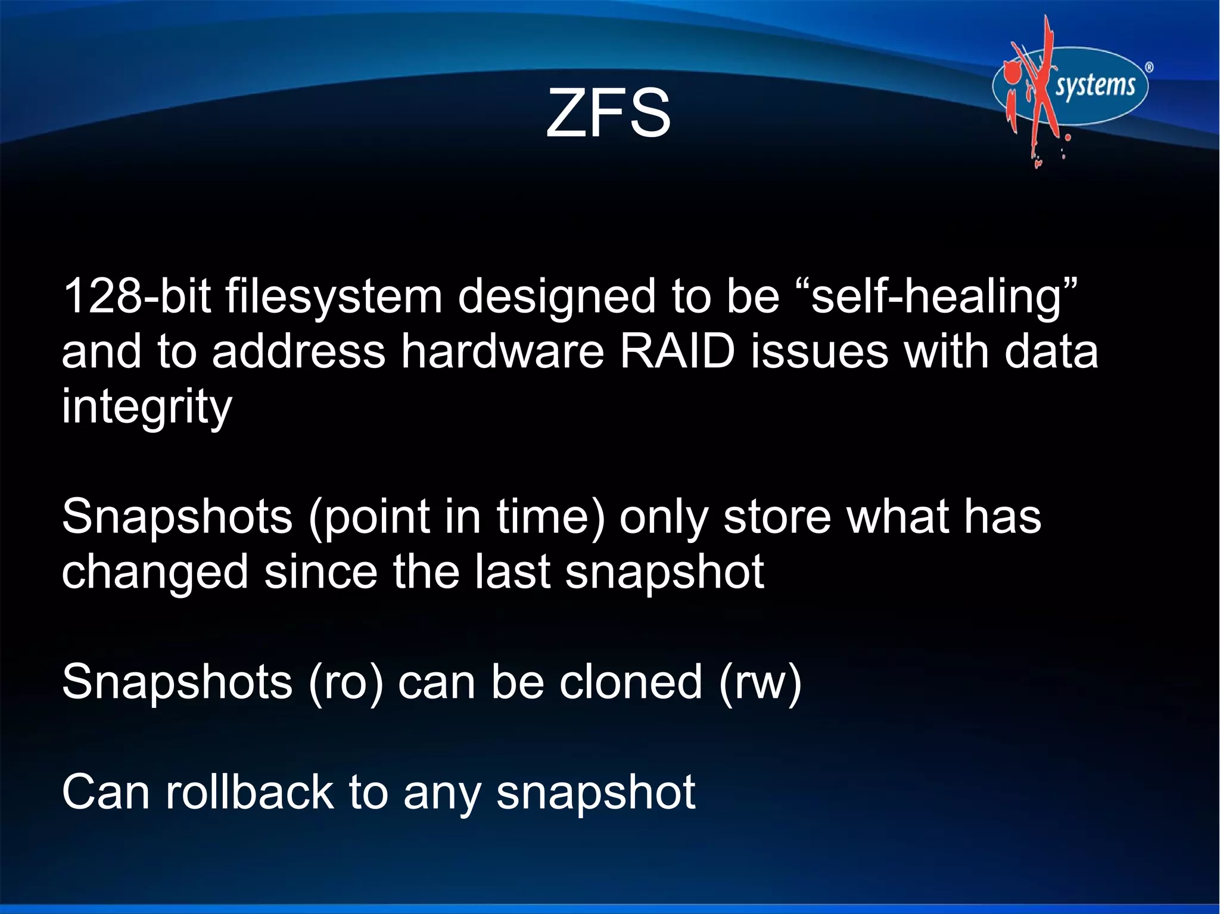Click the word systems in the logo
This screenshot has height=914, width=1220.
coord(1095,86)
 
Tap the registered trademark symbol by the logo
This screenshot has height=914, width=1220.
coord(1149,68)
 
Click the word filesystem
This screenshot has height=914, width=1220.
coord(334,296)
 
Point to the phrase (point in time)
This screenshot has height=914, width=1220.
coord(456,517)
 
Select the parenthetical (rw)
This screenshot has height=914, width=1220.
coord(760,682)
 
